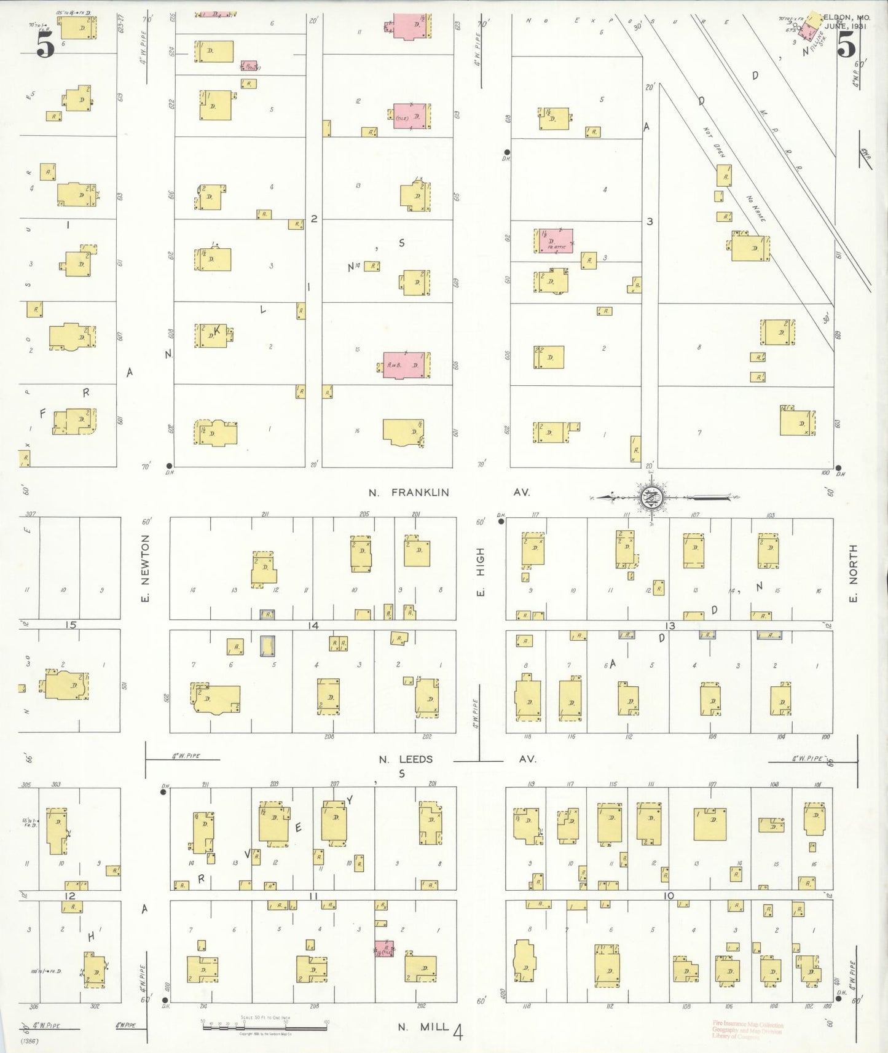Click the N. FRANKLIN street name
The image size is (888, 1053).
pyautogui.click(x=409, y=492)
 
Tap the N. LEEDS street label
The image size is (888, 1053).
pyautogui.click(x=406, y=759)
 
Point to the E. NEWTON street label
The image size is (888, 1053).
pyautogui.click(x=145, y=568)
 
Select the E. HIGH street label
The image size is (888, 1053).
pyautogui.click(x=481, y=571)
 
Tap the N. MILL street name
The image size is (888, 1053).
pyautogui.click(x=423, y=1027)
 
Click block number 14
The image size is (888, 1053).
pyautogui.click(x=313, y=625)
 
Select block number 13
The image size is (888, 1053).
pyautogui.click(x=670, y=625)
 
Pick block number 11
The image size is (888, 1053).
pyautogui.click(x=313, y=896)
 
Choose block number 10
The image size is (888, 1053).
pyautogui.click(x=669, y=896)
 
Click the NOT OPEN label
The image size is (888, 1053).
pyautogui.click(x=714, y=143)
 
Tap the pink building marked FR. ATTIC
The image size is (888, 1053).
pyautogui.click(x=556, y=241)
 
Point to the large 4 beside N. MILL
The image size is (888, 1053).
pyautogui.click(x=457, y=1032)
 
